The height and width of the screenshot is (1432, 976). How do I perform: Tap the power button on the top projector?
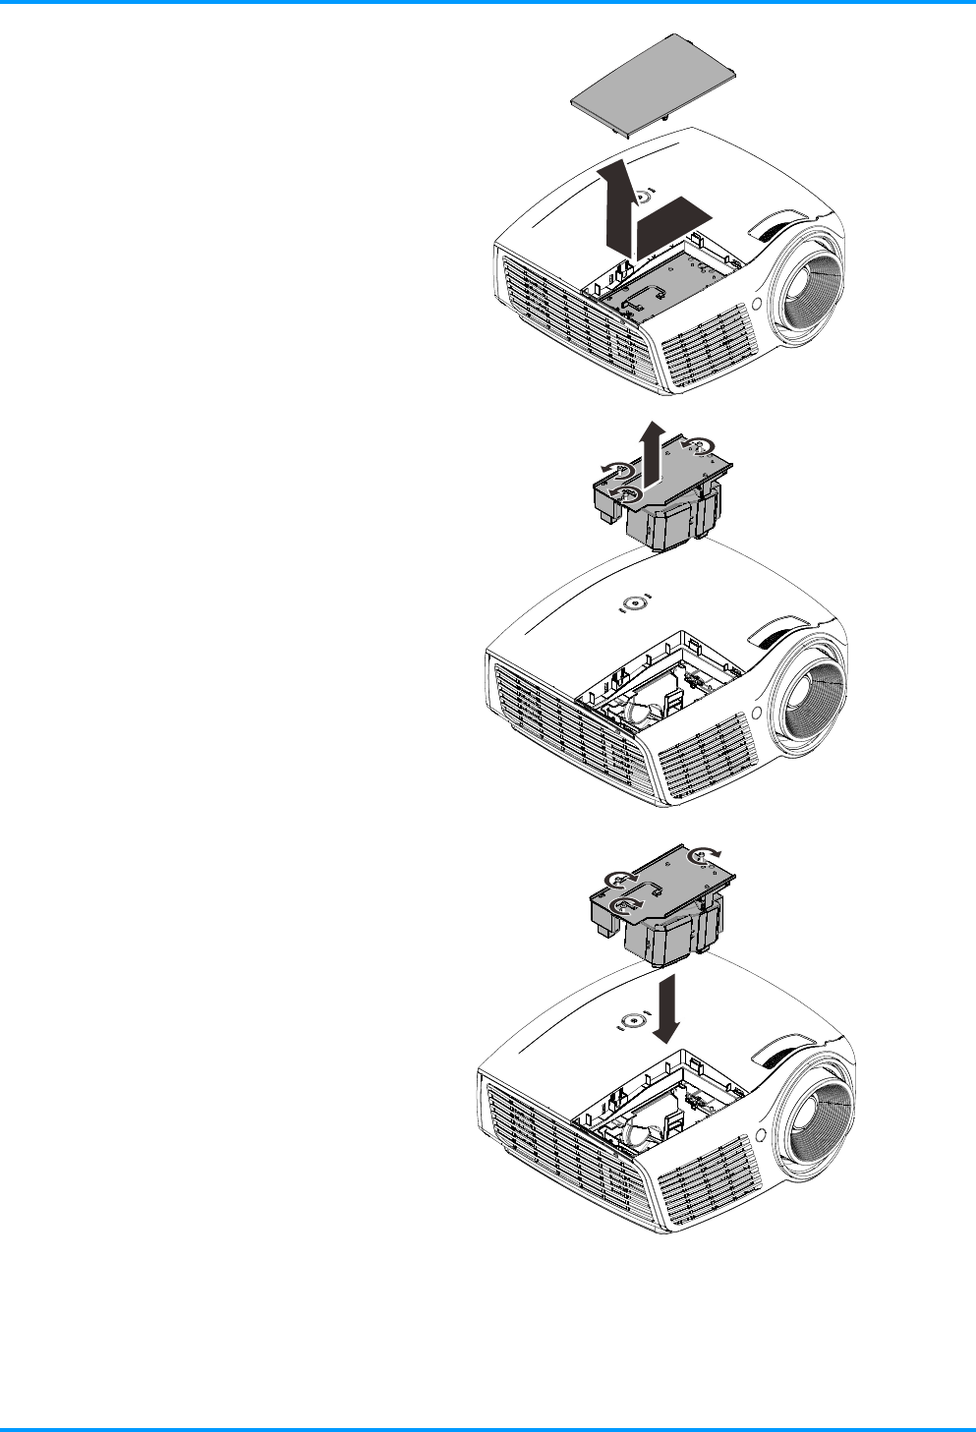(640, 197)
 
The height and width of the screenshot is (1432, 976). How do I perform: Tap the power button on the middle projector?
(636, 604)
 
